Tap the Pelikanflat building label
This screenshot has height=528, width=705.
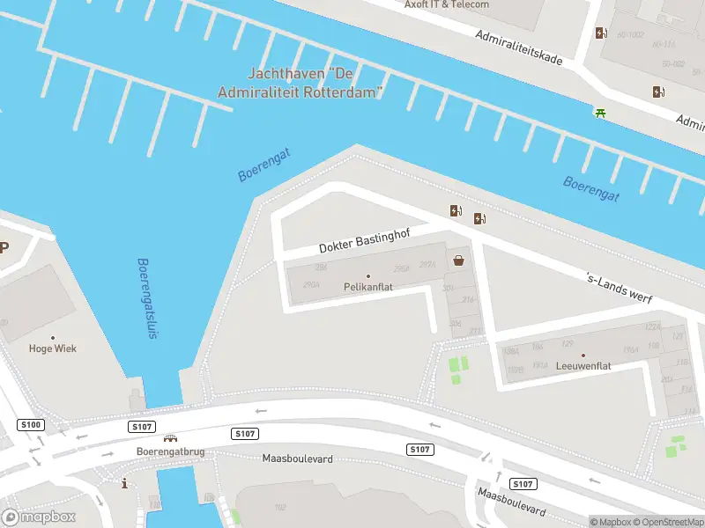[x=368, y=287]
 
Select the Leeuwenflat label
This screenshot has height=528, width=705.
[x=583, y=365]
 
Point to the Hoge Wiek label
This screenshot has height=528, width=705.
[x=53, y=348]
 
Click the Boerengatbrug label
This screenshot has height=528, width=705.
[x=170, y=451]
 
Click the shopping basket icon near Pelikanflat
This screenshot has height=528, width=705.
[x=459, y=260]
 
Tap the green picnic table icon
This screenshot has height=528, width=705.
[x=600, y=112]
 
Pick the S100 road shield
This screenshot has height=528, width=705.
[x=30, y=425]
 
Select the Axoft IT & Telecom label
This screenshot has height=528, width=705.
[x=446, y=4]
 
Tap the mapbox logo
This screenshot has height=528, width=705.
[x=39, y=517]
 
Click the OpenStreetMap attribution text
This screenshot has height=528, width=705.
[x=670, y=522]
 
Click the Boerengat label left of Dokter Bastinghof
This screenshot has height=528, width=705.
[x=263, y=165]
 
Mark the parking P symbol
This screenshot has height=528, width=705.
[x=4, y=247]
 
